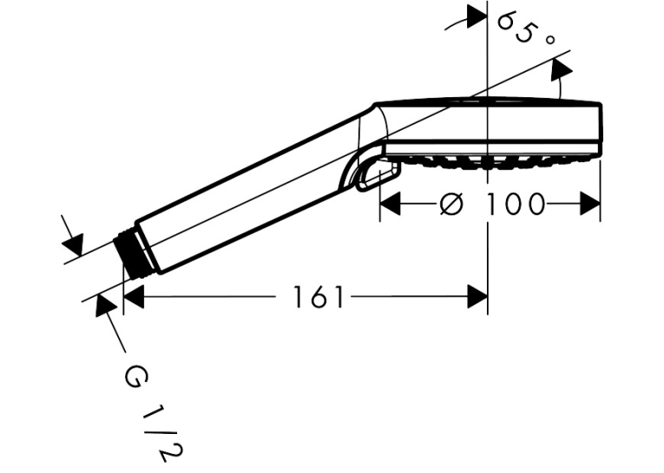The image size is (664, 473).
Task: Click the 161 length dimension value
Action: [319, 297]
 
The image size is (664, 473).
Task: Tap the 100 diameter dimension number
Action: [514, 204]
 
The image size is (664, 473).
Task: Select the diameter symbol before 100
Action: [451, 204]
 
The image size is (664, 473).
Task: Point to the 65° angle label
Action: [524, 30]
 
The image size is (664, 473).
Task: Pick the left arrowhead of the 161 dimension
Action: [134, 297]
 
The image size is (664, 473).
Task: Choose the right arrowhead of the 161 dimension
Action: [477, 297]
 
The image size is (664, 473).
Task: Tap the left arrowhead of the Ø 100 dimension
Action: [390, 204]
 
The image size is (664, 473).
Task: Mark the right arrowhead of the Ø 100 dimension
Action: [590, 204]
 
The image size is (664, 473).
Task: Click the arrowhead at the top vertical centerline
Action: [477, 16]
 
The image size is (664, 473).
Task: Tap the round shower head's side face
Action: [493, 122]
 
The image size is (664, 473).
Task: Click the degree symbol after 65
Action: [549, 40]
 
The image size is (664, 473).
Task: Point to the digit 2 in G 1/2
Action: [172, 453]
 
